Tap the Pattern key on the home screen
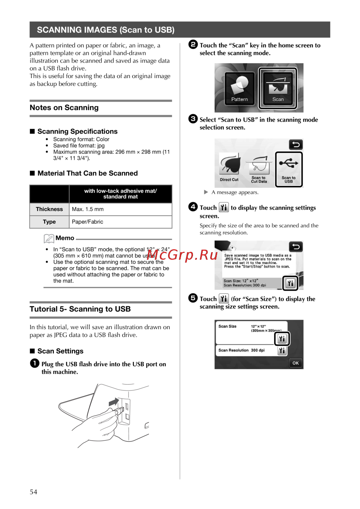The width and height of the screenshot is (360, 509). point(239,88)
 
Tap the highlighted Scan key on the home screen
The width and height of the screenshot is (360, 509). point(278,88)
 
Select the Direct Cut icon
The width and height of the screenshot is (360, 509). point(229,167)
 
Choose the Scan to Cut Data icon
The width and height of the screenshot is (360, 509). point(259,170)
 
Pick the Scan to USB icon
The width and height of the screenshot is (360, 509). point(289,170)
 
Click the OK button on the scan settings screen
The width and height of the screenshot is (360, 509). point(296,363)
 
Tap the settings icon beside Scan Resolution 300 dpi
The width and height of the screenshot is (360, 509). point(282,351)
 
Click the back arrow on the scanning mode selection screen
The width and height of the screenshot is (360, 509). point(296,144)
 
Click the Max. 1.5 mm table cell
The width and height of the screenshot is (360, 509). point(121,209)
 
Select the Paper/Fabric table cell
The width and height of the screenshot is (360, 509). point(121,222)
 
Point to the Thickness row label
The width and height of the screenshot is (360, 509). point(49,209)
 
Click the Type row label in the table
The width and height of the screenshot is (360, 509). point(49,222)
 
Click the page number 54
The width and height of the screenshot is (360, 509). point(33,492)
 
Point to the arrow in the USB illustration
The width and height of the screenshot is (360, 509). point(114,402)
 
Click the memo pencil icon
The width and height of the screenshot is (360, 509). point(49,238)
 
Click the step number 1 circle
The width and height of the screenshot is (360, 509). point(35,363)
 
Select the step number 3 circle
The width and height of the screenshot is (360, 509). point(193,119)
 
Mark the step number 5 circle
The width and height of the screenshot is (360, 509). point(193,298)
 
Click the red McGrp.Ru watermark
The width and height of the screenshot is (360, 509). point(182,254)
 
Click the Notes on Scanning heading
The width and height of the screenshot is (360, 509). point(64,107)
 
